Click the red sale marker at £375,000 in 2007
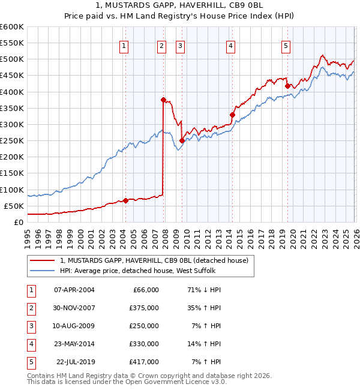coord(163,100)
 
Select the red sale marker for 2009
coord(182,140)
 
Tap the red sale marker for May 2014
coord(232,115)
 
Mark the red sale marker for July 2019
coord(287,86)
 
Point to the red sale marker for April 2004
coord(125,200)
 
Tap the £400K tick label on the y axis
coord(12,92)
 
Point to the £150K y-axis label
coord(12,173)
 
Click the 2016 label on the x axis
coord(250,236)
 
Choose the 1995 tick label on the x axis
coord(27,236)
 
